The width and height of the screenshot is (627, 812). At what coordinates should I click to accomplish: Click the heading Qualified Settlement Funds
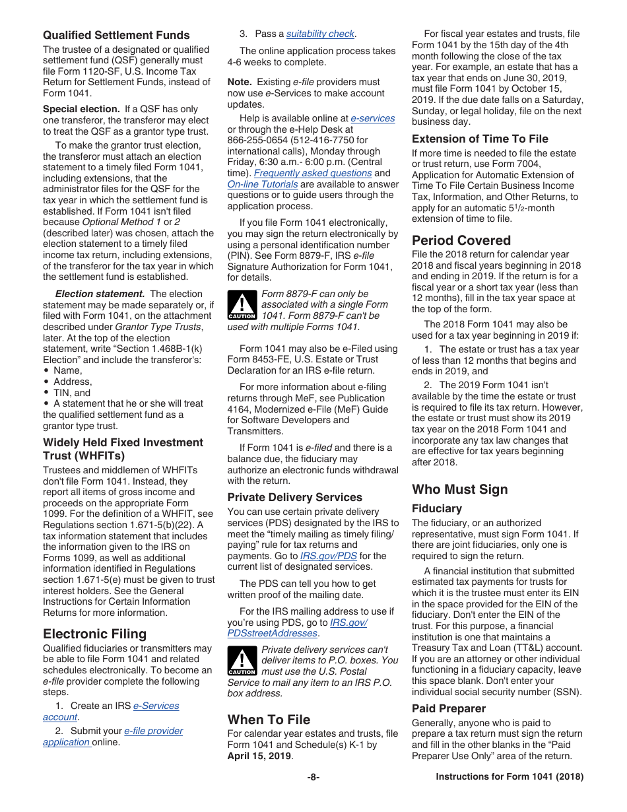coord(116,36)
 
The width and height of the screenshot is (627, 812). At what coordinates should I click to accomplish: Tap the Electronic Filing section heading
coord(94,634)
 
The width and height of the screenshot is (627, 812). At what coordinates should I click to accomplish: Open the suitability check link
coord(320,34)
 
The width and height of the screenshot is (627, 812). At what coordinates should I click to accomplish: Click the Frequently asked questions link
coord(313,173)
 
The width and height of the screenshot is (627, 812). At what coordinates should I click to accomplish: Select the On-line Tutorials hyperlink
coord(263,184)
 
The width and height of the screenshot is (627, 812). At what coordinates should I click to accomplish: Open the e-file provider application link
coord(153,731)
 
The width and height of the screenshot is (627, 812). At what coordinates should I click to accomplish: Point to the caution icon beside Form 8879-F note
coord(242,305)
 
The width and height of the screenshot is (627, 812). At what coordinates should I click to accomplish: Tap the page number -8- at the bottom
coord(313,777)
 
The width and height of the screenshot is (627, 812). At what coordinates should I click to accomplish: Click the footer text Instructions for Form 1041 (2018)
coord(510,777)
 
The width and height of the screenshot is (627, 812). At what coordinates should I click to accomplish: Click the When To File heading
coord(269,720)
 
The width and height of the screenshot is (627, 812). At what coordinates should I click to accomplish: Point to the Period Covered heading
coord(461,240)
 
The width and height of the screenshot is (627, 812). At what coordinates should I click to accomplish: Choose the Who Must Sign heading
coord(460,489)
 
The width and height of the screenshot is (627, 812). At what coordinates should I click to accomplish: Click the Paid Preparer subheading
coord(449,708)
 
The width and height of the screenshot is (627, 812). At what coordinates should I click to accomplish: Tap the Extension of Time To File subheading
coord(480,139)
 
